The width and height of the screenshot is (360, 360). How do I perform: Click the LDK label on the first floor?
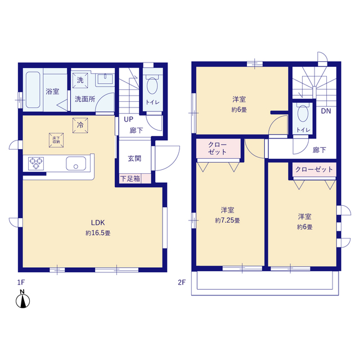tap(98, 223)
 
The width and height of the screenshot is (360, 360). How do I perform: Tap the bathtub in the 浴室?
tap(33, 90)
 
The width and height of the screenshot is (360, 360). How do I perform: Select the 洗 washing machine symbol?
tap(80, 80)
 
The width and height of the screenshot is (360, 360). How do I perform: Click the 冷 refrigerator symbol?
tap(80, 125)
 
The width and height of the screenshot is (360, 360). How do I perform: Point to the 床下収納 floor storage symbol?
tap(56, 140)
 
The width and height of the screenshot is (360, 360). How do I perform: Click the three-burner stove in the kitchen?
tap(36, 163)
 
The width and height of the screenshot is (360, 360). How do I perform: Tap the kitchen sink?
tap(76, 163)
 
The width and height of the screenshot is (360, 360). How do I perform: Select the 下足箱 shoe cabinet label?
tap(130, 179)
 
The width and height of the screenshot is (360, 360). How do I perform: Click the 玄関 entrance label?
tap(134, 159)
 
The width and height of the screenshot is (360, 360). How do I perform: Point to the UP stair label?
tap(129, 119)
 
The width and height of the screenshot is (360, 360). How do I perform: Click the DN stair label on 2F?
tap(326, 111)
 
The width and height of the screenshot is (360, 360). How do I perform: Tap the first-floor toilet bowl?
tap(152, 85)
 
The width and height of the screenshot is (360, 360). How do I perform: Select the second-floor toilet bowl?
tap(303, 114)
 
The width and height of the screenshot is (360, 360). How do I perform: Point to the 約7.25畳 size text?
tap(227, 220)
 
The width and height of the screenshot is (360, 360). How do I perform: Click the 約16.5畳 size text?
tap(98, 233)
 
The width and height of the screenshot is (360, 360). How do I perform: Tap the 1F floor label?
tap(21, 282)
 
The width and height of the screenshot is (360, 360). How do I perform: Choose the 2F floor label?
tap(182, 282)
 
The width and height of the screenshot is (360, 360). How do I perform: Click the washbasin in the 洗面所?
tap(105, 79)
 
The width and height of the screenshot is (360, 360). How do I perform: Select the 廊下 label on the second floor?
tap(319, 150)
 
